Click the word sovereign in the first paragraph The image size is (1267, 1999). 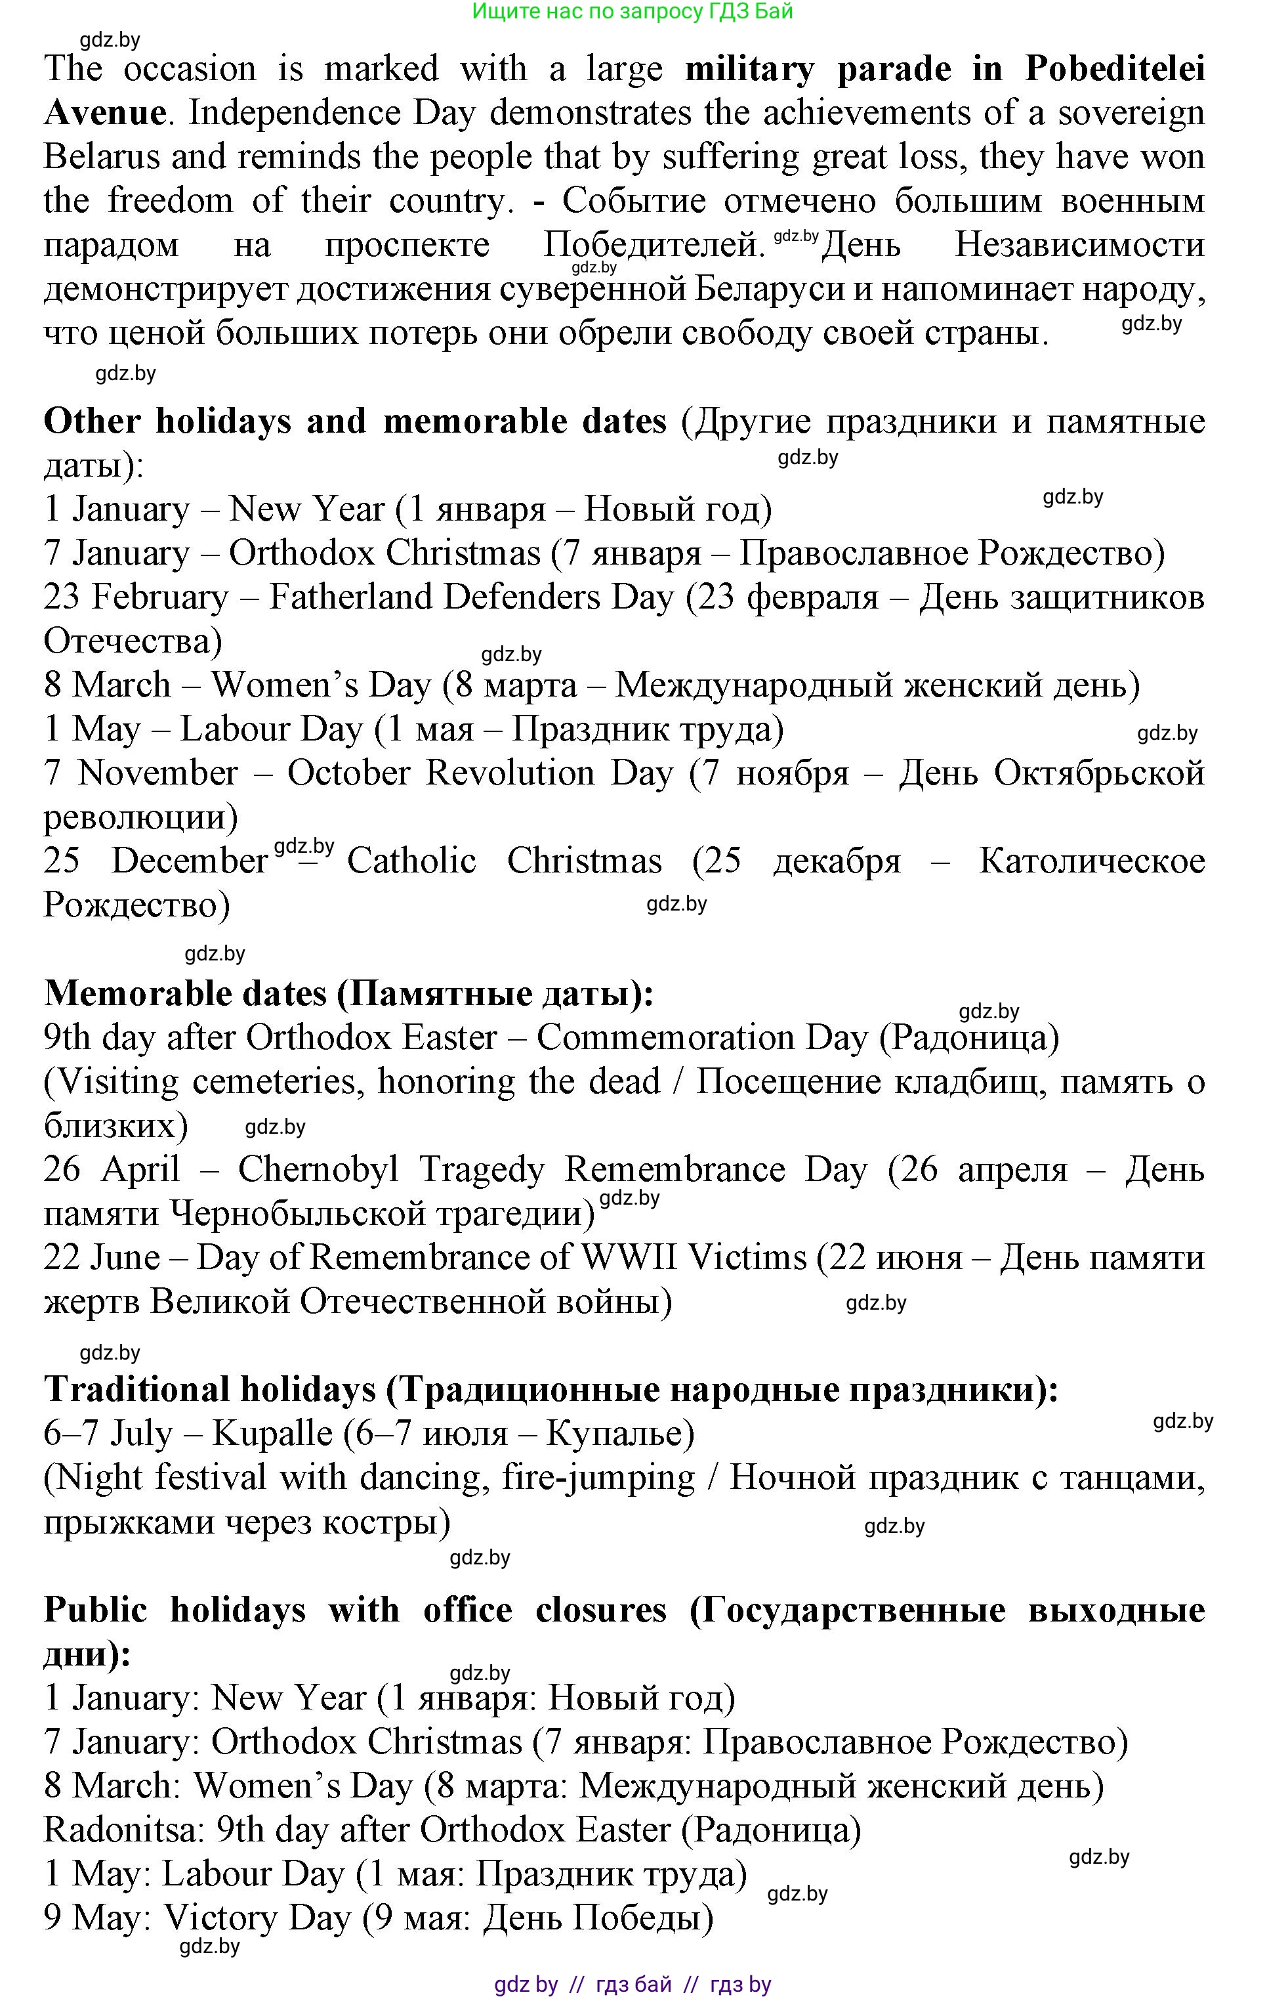point(1131,113)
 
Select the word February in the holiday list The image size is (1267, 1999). point(159,597)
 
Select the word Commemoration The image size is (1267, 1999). point(702,1038)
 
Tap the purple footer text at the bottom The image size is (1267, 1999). point(633,1985)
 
